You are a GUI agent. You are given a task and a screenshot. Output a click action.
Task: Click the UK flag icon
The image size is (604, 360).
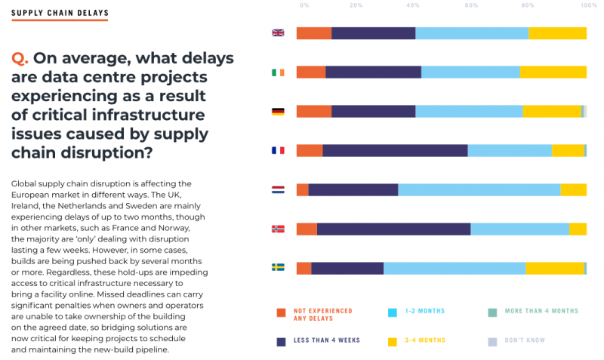pos(278,32)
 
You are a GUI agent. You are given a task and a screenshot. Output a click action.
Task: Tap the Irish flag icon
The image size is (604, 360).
pos(278,72)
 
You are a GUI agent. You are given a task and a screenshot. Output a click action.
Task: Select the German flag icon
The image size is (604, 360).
pos(278,112)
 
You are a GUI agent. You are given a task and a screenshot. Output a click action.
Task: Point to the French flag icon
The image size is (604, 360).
pos(278,150)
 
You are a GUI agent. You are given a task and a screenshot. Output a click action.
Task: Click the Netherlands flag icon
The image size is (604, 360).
pos(278,189)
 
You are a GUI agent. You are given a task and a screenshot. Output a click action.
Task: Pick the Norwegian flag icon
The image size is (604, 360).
pos(278,229)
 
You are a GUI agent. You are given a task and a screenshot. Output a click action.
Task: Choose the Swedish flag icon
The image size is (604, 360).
pos(278,267)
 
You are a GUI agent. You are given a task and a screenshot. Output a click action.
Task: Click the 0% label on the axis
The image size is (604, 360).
pos(304,5)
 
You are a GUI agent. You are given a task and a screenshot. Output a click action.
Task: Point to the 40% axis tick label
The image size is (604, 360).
pos(413,5)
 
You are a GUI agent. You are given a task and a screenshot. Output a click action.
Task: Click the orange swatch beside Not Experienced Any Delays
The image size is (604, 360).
pos(282,312)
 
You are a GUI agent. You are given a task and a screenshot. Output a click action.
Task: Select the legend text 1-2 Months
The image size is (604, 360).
pos(424,311)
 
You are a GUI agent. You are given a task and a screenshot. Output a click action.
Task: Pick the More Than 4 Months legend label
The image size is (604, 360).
pos(542,311)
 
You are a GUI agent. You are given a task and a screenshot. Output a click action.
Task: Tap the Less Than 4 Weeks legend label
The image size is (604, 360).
pos(327,341)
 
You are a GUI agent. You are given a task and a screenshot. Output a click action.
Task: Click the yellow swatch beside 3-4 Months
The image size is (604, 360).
pos(393,342)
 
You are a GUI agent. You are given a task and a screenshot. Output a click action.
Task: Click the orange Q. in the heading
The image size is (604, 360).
pos(20,59)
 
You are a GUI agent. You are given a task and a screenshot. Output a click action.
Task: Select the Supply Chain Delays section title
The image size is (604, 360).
pos(60,14)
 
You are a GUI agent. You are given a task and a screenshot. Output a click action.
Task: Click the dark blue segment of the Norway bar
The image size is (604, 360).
pos(393,229)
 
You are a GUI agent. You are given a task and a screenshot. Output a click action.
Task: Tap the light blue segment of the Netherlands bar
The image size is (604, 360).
pos(479,189)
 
